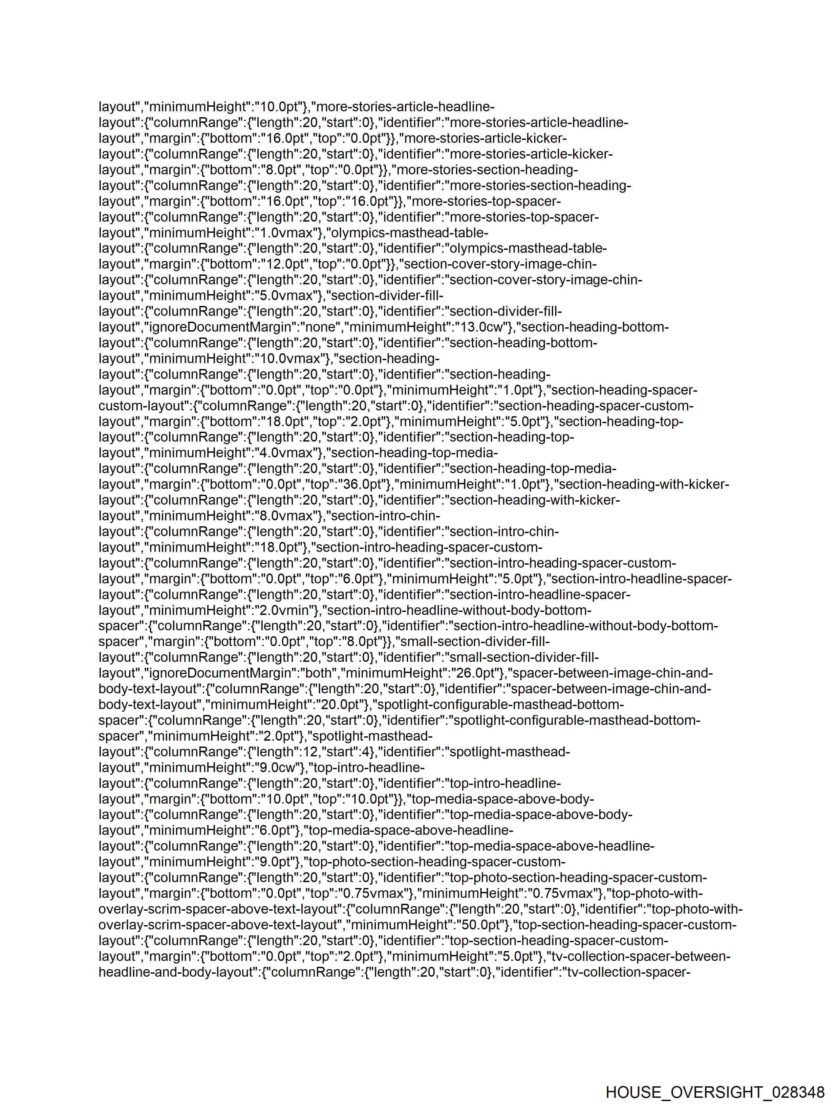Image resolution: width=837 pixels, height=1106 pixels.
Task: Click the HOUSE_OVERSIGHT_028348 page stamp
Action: tap(715, 1092)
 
